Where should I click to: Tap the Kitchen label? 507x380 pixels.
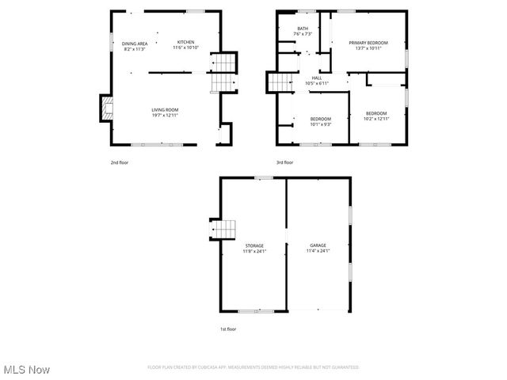185,42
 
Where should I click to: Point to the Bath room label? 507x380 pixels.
303,28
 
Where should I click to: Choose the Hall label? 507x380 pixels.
316,78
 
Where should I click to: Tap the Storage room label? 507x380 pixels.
253,245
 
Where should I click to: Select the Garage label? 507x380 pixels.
318,245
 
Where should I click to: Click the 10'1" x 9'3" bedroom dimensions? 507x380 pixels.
320,124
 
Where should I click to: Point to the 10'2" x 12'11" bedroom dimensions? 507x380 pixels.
376,119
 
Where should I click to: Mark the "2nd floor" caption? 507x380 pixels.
119,162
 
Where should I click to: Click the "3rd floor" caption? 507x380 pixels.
284,162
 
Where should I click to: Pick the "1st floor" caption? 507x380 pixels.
228,329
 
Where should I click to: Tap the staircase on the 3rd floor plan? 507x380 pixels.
279,81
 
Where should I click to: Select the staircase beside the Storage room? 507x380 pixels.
224,229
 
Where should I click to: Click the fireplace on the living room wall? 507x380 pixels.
105,108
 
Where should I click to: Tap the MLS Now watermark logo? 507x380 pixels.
26,370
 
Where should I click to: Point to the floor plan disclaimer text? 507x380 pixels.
253,367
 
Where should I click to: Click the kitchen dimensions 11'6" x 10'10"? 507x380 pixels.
185,47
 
